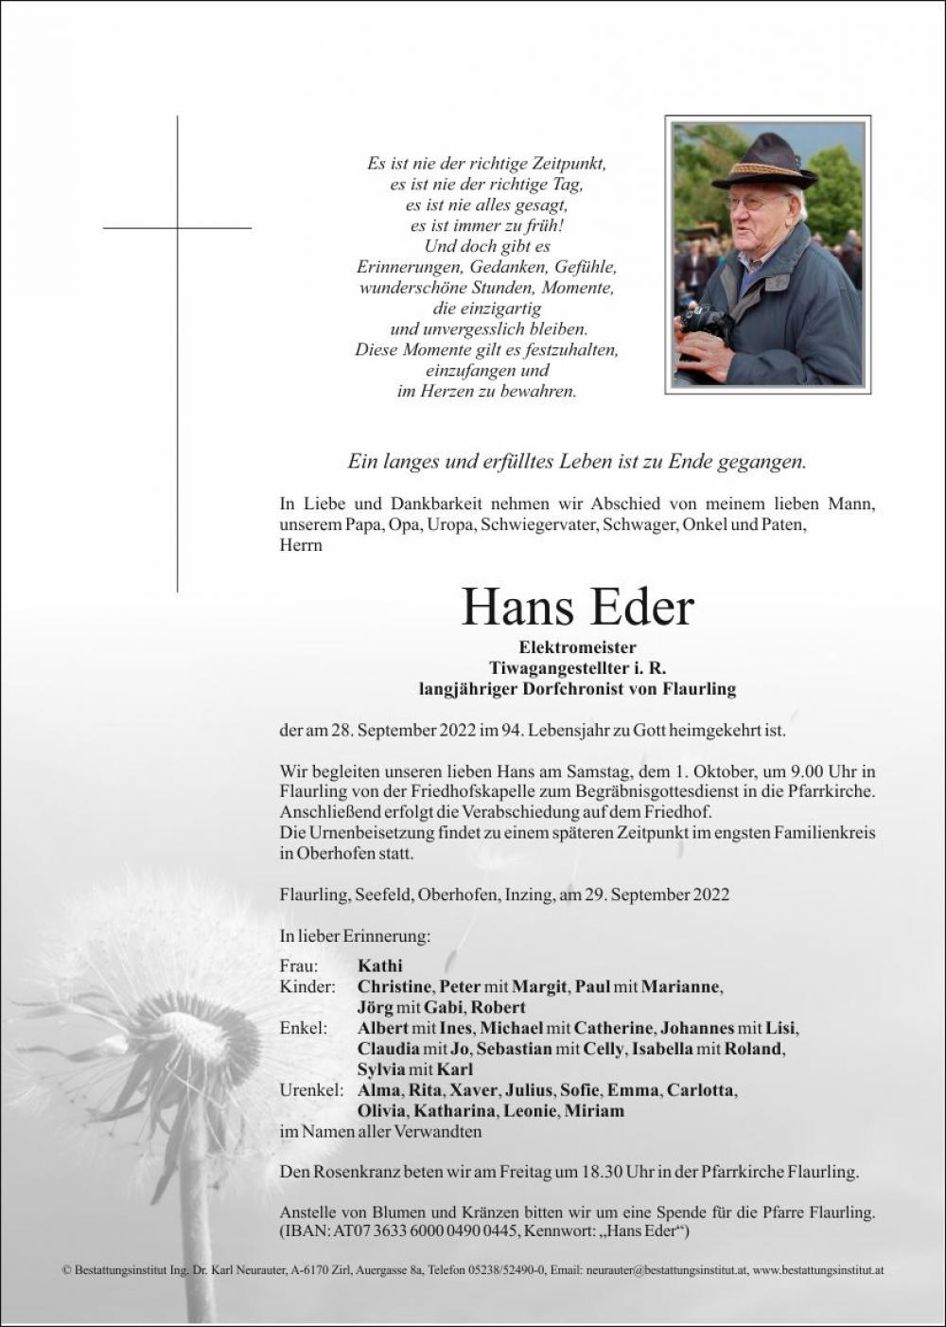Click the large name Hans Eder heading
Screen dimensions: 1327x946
point(577,609)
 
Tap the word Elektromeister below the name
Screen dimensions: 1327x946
point(577,647)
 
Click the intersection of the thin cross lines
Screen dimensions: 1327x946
point(177,228)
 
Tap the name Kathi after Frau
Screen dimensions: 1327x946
point(380,965)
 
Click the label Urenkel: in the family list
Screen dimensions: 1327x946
point(311,1090)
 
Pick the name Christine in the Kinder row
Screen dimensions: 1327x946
point(394,986)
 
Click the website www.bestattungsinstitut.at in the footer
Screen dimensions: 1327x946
point(818,1270)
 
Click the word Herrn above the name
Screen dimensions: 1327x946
point(301,545)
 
